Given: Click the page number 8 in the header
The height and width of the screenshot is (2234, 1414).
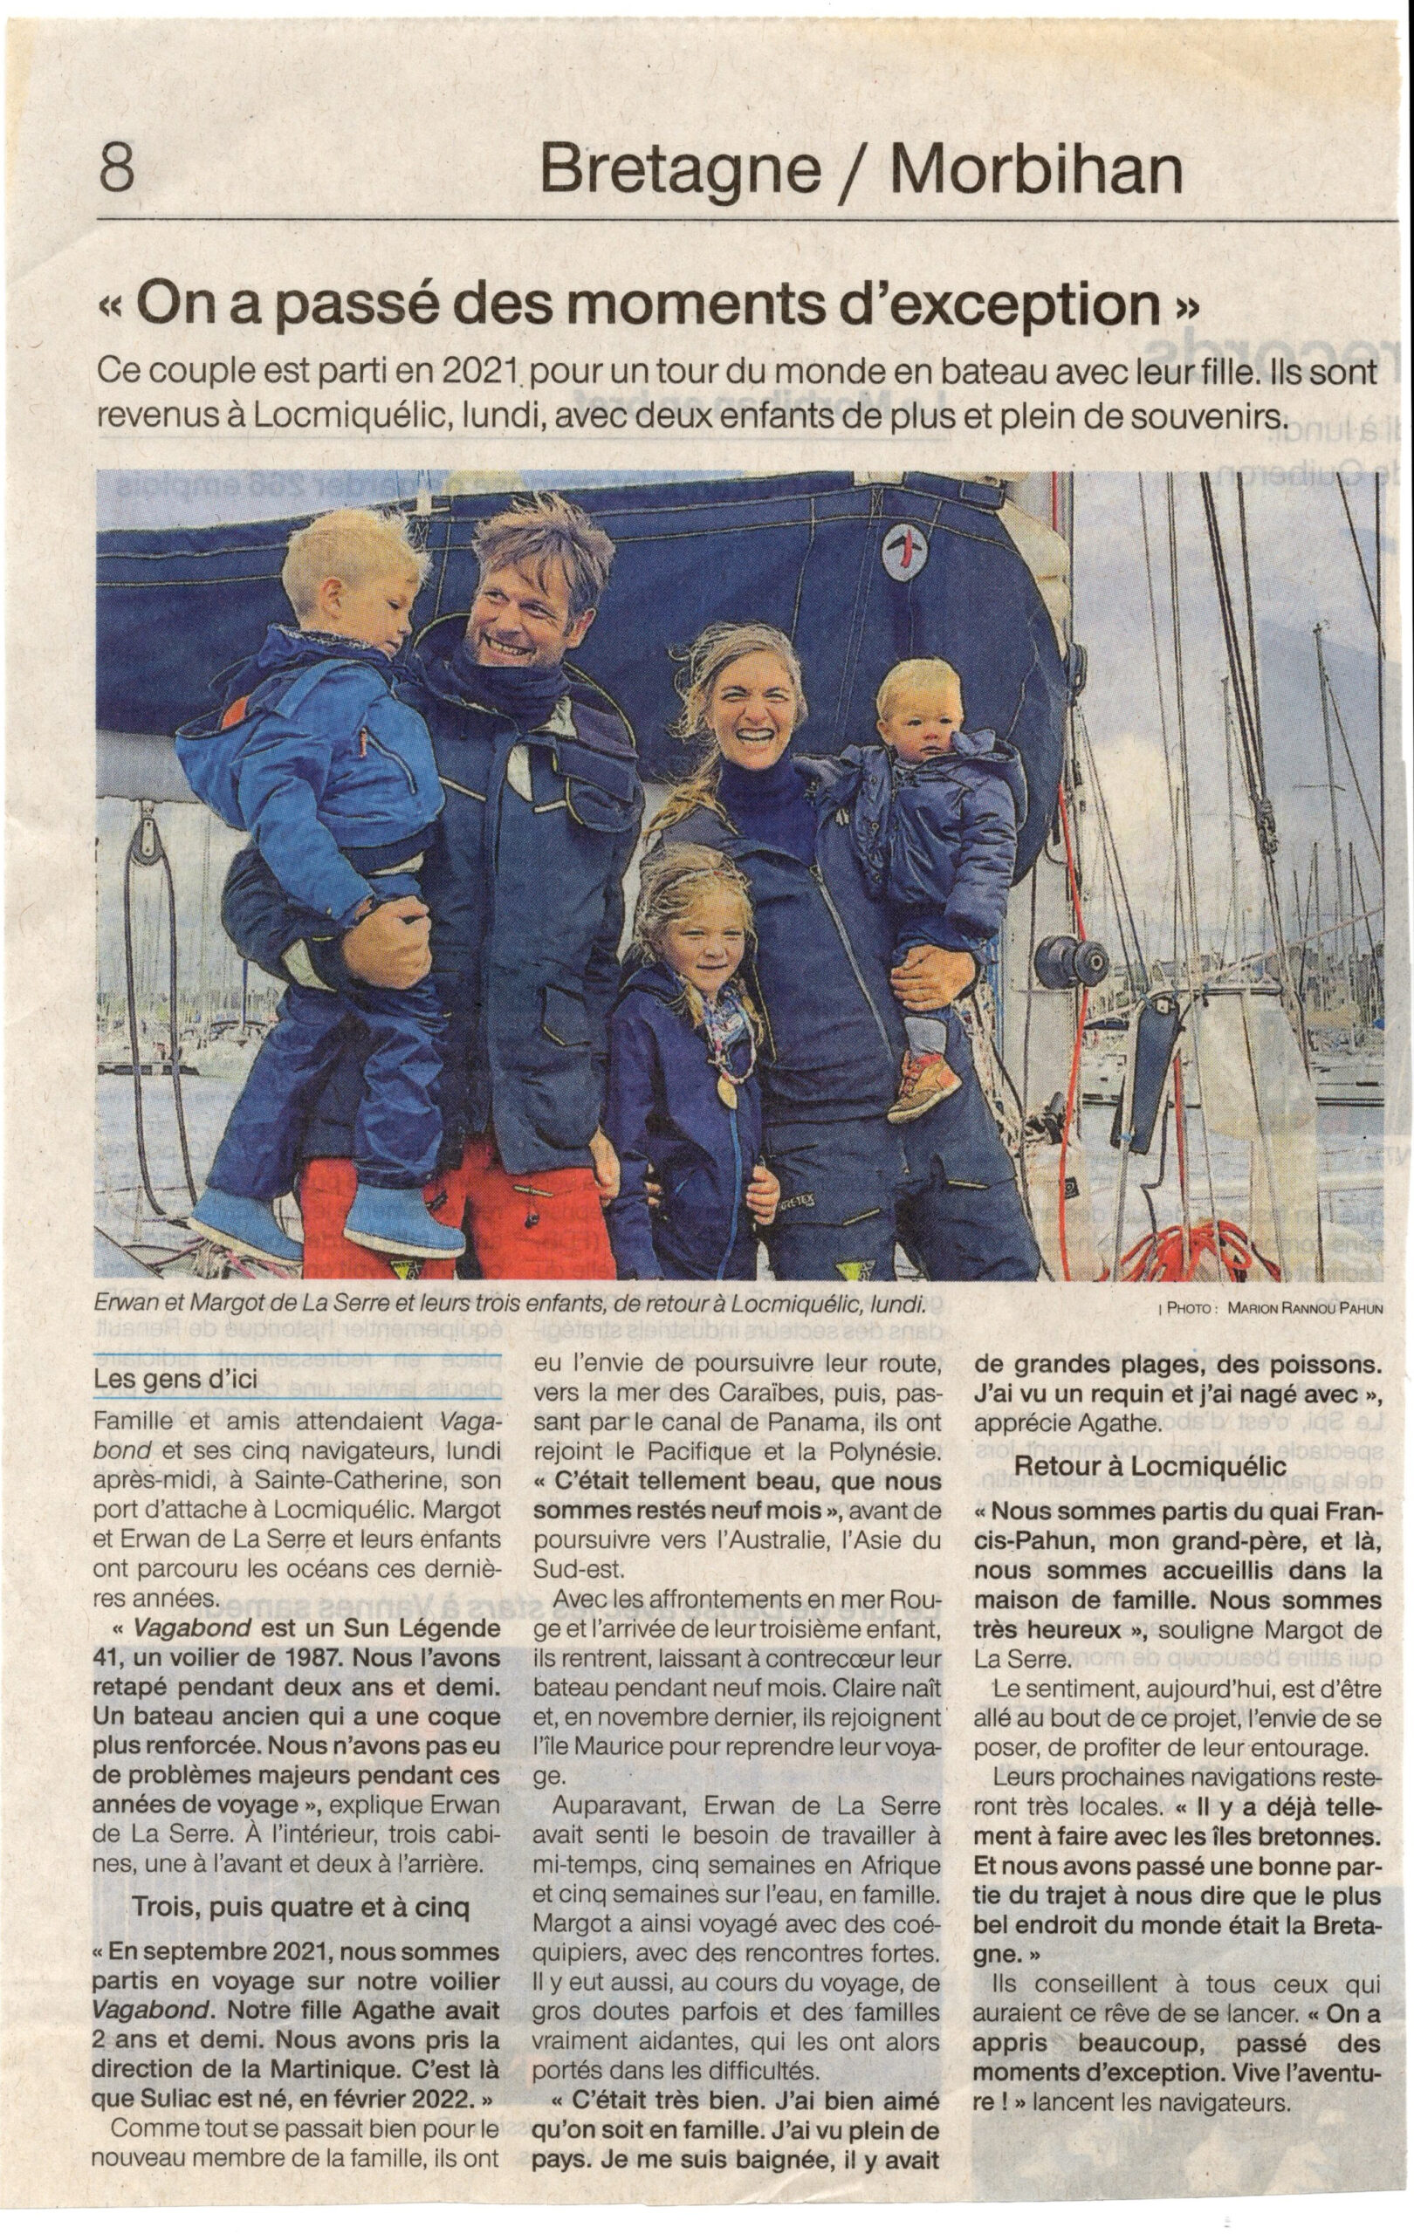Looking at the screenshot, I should tap(116, 168).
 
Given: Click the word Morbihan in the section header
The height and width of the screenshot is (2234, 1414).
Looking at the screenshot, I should tap(1036, 170).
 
